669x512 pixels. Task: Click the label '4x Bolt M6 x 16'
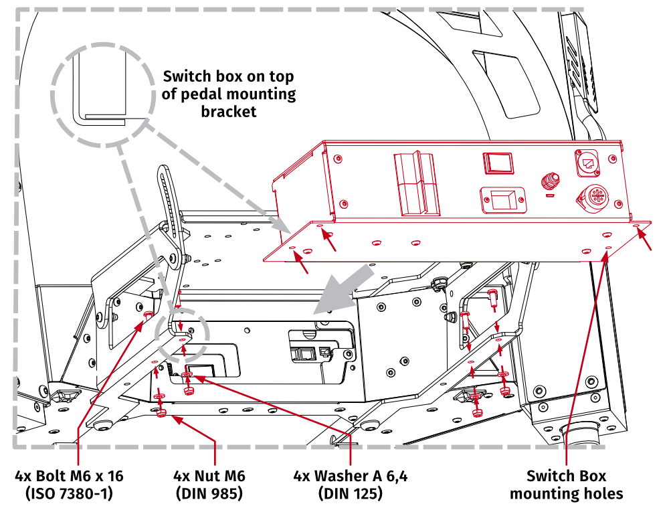(x=70, y=477)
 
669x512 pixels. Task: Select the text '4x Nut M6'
(x=209, y=477)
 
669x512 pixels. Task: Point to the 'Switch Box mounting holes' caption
(x=566, y=485)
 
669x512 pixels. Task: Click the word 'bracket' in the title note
(x=229, y=112)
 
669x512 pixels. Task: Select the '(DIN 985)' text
(x=209, y=495)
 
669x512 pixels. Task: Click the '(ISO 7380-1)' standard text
(x=70, y=495)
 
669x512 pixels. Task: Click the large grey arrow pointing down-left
(x=344, y=288)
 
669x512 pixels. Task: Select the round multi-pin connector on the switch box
(x=591, y=199)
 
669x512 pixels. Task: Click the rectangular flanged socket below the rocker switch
(x=502, y=199)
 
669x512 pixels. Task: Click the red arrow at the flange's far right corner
(x=646, y=239)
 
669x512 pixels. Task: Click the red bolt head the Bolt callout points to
(x=148, y=314)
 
